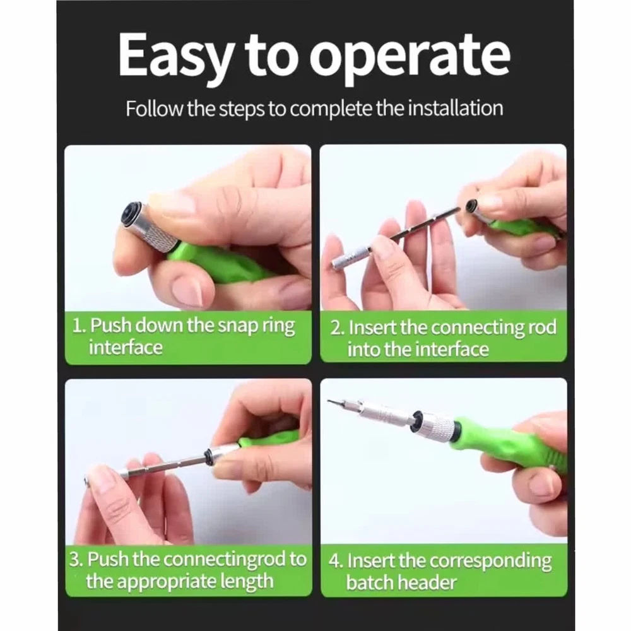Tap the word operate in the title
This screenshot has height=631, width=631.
[410, 57]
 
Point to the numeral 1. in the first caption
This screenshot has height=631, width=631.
[80, 325]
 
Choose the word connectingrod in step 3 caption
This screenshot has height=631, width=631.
[225, 559]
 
